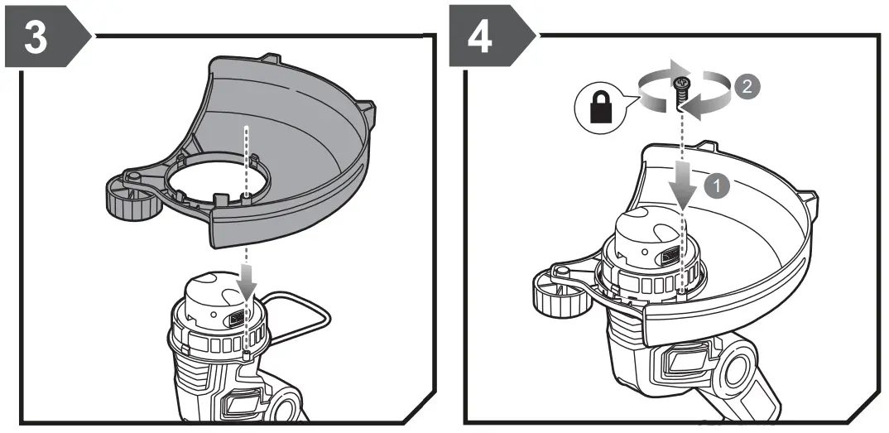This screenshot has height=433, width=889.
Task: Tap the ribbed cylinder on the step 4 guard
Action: (556, 294)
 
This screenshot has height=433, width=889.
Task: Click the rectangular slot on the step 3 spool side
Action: (236, 319)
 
